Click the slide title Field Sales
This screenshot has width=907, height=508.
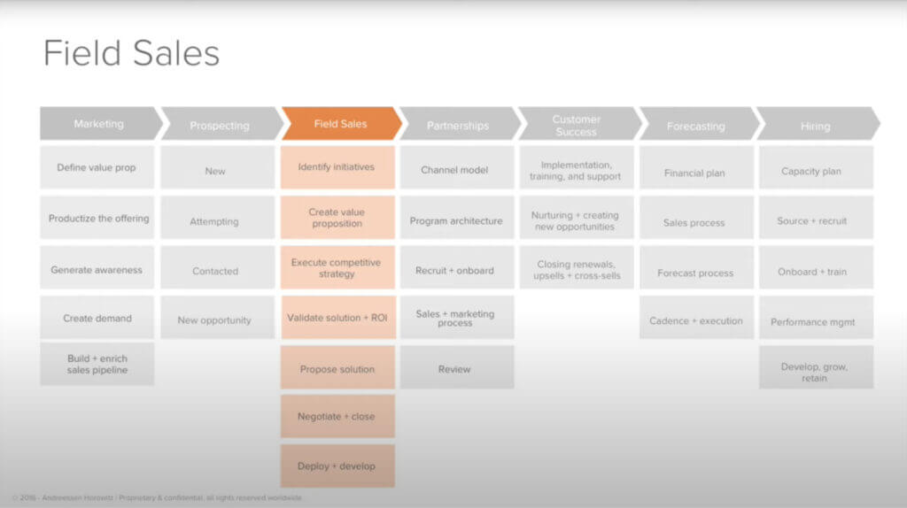pyautogui.click(x=131, y=54)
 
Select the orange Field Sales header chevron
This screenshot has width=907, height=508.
pyautogui.click(x=340, y=124)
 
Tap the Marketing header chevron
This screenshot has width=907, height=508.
pyautogui.click(x=99, y=124)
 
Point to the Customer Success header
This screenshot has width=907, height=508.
pyautogui.click(x=576, y=125)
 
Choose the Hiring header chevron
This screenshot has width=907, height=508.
pyautogui.click(x=815, y=126)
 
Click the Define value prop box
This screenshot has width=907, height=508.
pyautogui.click(x=97, y=167)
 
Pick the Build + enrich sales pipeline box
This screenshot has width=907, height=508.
pyautogui.click(x=97, y=364)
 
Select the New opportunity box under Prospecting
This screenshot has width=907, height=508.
pyautogui.click(x=214, y=319)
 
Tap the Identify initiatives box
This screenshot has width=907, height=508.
pyautogui.click(x=337, y=167)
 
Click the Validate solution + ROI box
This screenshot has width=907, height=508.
pyautogui.click(x=337, y=317)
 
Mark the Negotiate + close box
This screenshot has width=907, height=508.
pyautogui.click(x=337, y=416)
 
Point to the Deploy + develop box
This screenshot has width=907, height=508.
pyautogui.click(x=337, y=466)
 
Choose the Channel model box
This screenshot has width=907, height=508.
pyautogui.click(x=455, y=169)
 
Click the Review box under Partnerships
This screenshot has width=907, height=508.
pyautogui.click(x=455, y=369)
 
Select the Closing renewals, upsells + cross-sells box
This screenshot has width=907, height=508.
pyautogui.click(x=576, y=270)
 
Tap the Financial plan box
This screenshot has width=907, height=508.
pyautogui.click(x=694, y=173)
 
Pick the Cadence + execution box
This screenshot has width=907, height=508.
pyautogui.click(x=696, y=320)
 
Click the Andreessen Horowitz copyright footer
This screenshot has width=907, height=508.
pyautogui.click(x=157, y=498)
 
